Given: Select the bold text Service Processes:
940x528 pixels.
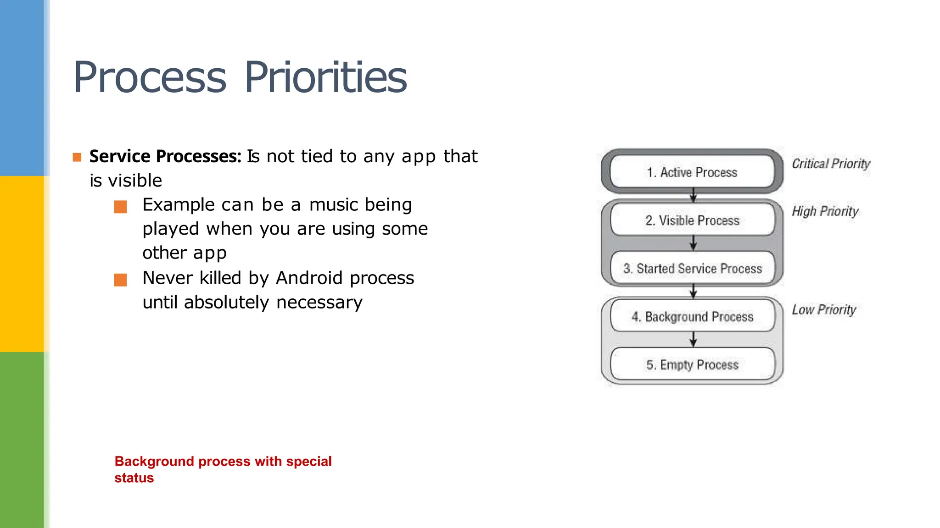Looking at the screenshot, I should [165, 156].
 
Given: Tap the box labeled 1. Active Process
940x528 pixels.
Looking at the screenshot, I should [692, 172].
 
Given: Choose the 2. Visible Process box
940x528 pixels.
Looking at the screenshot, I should [692, 220].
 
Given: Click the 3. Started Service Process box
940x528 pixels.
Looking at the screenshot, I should [692, 269].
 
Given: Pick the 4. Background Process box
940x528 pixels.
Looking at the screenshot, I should [692, 317].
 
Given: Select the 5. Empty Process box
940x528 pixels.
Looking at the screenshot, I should [692, 365].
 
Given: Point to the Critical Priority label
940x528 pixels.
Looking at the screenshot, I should [831, 164].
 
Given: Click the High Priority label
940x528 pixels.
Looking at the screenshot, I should [825, 211].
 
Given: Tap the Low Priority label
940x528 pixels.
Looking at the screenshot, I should [824, 310].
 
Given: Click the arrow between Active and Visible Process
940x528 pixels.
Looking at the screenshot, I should [694, 195].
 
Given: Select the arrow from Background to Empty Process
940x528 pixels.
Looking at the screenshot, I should [694, 340].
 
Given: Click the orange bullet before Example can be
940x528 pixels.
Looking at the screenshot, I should [120, 207].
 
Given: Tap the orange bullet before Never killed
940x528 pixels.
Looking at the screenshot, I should [120, 280].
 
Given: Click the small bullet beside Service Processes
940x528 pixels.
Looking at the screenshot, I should [77, 158].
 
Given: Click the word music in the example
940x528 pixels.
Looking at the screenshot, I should [333, 205].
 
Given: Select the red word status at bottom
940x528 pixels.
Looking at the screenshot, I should [134, 478].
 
